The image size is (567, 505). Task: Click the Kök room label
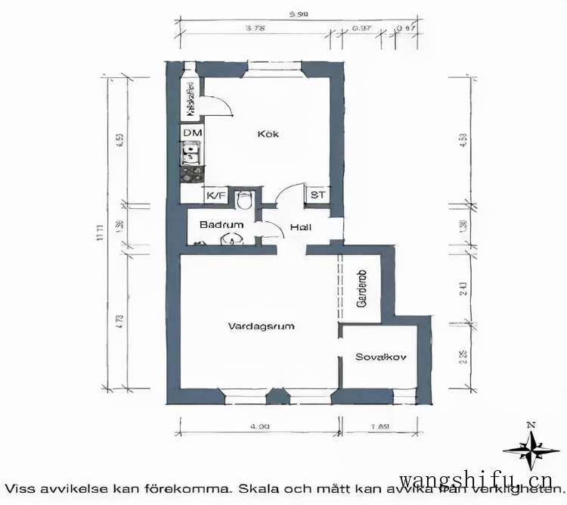click(x=268, y=134)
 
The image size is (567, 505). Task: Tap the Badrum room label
click(x=222, y=225)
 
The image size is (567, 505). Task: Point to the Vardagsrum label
click(x=261, y=326)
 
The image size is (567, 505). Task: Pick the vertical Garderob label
click(x=361, y=288)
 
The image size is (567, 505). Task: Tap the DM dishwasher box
click(x=192, y=134)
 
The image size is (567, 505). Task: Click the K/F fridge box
click(x=216, y=195)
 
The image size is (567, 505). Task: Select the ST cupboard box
click(x=318, y=195)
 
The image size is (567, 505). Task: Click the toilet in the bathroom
click(x=243, y=201)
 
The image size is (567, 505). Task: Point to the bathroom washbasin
click(x=230, y=241)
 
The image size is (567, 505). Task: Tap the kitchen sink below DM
click(x=191, y=154)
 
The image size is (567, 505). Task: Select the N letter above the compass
click(x=531, y=424)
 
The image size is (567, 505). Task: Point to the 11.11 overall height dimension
click(x=99, y=237)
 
